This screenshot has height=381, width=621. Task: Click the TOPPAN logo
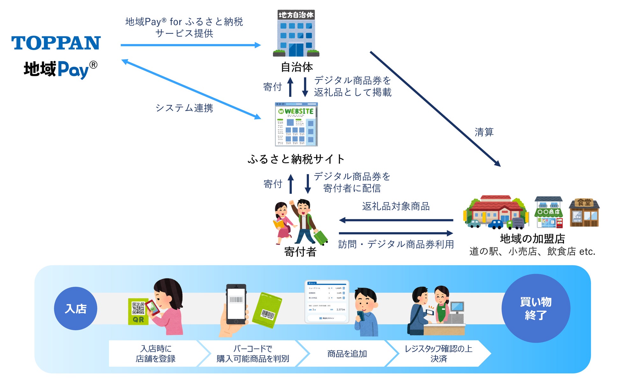point(56,43)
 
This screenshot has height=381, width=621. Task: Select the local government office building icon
point(296,33)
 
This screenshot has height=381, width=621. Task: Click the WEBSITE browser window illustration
point(296,124)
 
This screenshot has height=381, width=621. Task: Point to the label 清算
point(484,132)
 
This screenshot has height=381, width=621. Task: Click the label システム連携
point(184,108)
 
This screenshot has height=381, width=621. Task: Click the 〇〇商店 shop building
point(549,212)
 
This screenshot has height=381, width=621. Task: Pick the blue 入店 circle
point(75,308)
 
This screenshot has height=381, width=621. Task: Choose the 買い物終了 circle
point(536,308)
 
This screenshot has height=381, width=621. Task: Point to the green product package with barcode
point(267,310)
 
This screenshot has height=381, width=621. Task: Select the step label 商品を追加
point(347,354)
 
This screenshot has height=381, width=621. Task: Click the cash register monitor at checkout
point(457,307)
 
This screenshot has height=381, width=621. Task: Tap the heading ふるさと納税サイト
point(296,159)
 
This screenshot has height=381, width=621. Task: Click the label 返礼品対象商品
point(396,206)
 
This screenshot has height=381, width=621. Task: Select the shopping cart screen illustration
point(327,301)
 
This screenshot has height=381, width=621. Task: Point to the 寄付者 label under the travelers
point(300,252)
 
